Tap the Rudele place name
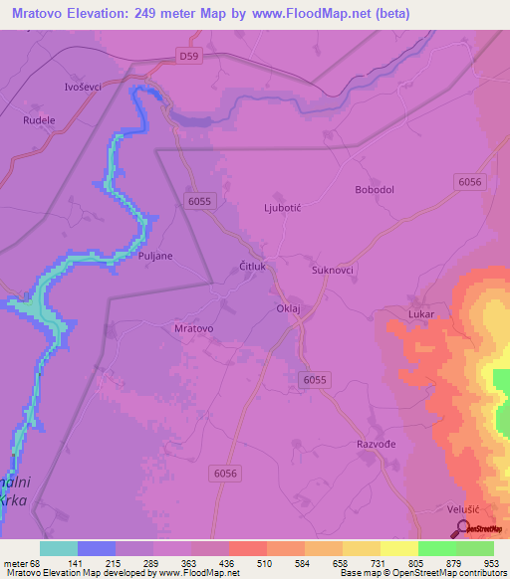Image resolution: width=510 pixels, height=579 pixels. pos(39,118)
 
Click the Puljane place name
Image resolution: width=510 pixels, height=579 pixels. pos(155,256)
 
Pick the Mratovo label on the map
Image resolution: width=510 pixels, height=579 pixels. pos(194,327)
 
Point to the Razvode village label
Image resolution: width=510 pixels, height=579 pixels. pos(377,445)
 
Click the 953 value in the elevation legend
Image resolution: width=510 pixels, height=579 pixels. pos(491,562)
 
